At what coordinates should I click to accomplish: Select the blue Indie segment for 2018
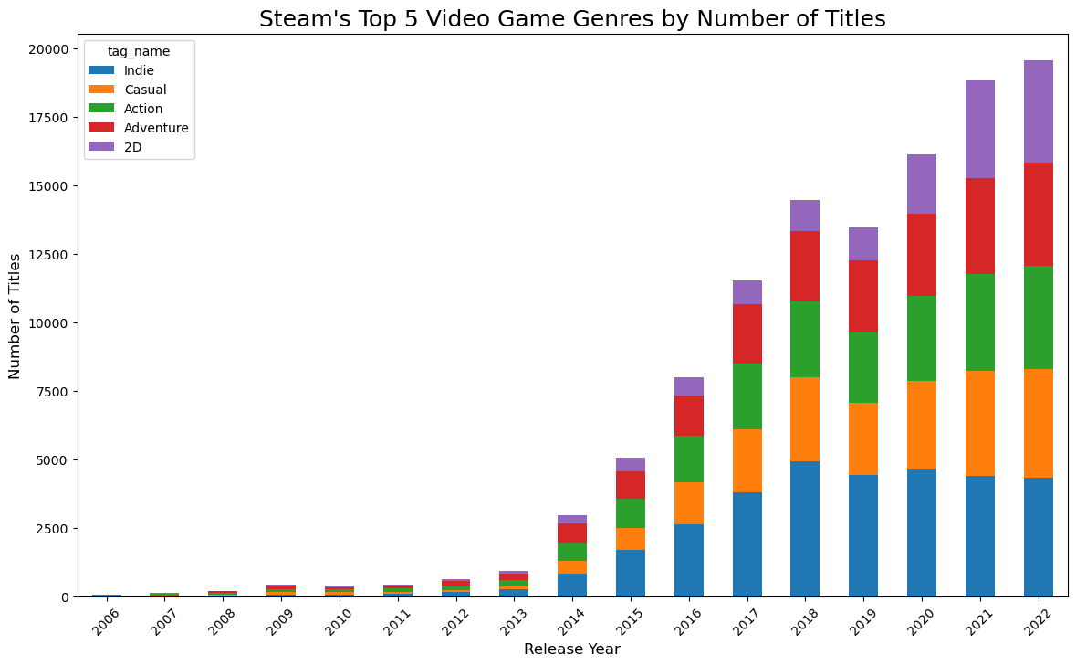pos(805,529)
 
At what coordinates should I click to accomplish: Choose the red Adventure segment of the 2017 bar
pos(747,333)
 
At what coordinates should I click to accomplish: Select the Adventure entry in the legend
pos(155,128)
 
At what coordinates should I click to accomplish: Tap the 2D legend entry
pos(133,147)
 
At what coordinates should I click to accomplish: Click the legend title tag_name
pos(138,51)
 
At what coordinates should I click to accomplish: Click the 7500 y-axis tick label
pos(57,392)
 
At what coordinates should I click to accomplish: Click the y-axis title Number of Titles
pos(15,316)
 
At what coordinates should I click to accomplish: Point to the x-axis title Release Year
pos(571,649)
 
